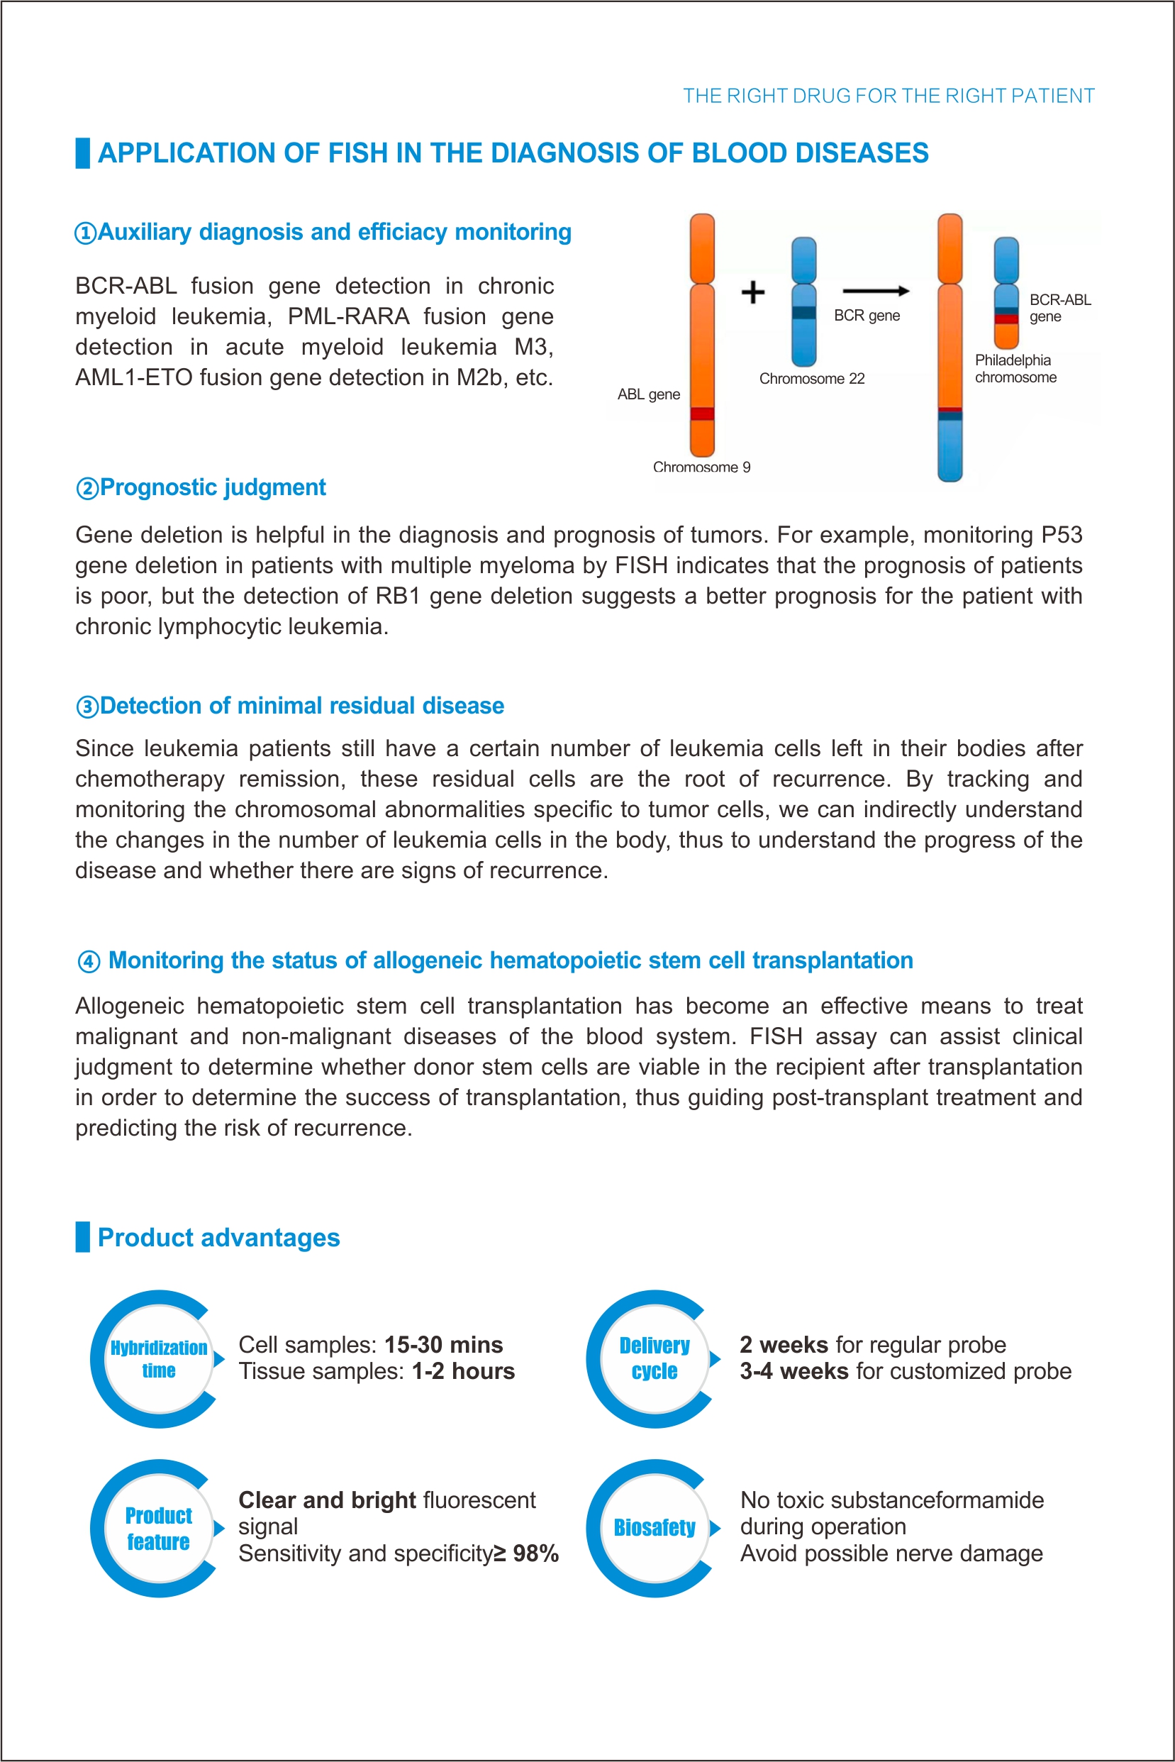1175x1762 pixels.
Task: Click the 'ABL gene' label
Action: pyautogui.click(x=648, y=394)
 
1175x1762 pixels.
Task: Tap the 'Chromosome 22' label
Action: pyautogui.click(x=811, y=379)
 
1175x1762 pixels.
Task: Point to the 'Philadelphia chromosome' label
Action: pyautogui.click(x=1015, y=369)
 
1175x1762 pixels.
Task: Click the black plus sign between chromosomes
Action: pyautogui.click(x=752, y=292)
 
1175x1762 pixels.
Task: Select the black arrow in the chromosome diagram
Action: pyautogui.click(x=875, y=291)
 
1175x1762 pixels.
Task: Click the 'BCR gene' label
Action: pyautogui.click(x=867, y=316)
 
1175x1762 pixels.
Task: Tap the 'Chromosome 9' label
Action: pyautogui.click(x=701, y=467)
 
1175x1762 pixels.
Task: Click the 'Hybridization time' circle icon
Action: pyautogui.click(x=158, y=1359)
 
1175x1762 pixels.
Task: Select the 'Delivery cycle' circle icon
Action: pyautogui.click(x=655, y=1359)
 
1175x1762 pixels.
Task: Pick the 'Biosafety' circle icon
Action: pyautogui.click(x=655, y=1527)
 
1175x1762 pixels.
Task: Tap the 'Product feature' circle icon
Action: pyautogui.click(x=158, y=1527)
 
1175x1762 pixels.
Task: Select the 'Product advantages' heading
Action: pyautogui.click(x=218, y=1237)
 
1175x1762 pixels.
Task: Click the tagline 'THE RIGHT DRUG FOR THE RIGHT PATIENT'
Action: pyautogui.click(x=888, y=96)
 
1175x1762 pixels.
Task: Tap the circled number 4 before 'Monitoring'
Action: pyautogui.click(x=89, y=961)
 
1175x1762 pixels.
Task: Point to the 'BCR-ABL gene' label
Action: pyautogui.click(x=1059, y=308)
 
